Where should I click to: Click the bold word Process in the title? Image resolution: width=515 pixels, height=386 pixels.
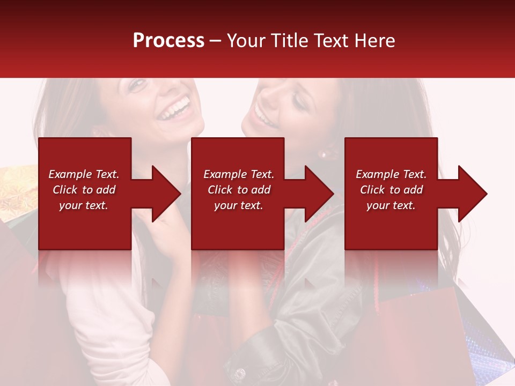[168, 40]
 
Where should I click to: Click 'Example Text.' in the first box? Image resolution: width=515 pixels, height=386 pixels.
[84, 174]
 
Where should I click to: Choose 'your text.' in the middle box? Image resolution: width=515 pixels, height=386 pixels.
[239, 205]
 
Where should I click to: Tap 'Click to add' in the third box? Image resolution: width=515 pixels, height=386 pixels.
[392, 190]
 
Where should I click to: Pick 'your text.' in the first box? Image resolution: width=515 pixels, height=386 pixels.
[84, 205]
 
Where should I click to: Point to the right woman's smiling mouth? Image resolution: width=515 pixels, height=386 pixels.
[262, 116]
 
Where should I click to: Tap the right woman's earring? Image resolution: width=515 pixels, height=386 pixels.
[323, 154]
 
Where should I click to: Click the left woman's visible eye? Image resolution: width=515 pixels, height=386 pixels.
[138, 84]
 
